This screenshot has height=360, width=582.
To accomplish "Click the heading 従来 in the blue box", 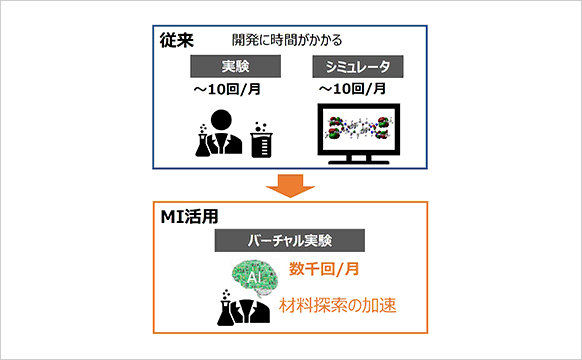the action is click(177, 40).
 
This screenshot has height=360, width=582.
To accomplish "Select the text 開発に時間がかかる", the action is click(287, 40).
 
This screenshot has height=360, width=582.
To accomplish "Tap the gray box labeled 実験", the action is click(235, 66).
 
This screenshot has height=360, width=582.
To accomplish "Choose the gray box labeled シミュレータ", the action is click(358, 66).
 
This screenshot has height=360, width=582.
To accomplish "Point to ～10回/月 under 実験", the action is click(227, 89).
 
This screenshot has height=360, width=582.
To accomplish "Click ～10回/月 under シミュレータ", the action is click(353, 89).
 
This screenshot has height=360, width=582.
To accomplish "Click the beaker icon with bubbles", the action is click(261, 140).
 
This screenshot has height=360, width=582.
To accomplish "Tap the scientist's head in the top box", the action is click(221, 120).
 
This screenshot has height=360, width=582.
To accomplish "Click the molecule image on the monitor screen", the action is click(358, 128).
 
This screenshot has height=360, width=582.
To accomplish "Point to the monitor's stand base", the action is click(359, 162).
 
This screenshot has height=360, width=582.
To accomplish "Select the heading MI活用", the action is click(189, 217).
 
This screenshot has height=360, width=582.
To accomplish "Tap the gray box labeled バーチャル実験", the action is click(290, 240).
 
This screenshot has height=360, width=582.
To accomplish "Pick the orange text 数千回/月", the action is click(324, 269).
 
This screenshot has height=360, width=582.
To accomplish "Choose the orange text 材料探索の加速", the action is click(337, 305).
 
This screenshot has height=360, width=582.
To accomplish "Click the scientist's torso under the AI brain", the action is click(253, 311).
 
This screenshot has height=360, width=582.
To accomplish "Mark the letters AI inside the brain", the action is click(254, 277).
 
